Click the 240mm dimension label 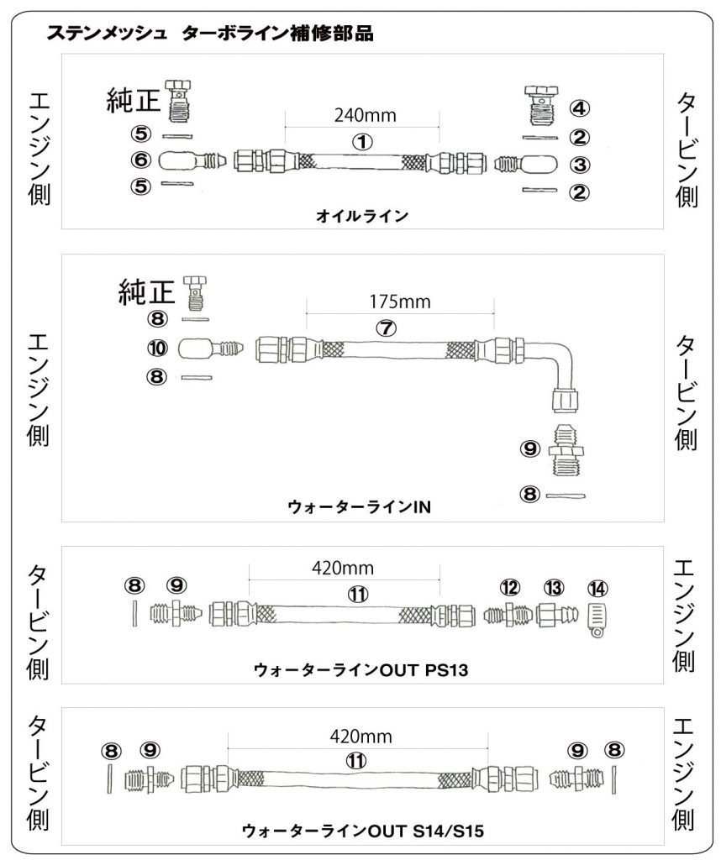click(x=365, y=115)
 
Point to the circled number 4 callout click(x=580, y=108)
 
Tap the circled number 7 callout click(x=385, y=328)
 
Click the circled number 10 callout click(x=158, y=347)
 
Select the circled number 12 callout click(x=510, y=588)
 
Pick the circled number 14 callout click(x=597, y=588)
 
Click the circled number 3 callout click(x=580, y=164)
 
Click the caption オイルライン click(x=362, y=217)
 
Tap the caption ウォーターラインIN click(x=360, y=507)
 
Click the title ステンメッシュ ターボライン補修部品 click(x=210, y=34)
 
